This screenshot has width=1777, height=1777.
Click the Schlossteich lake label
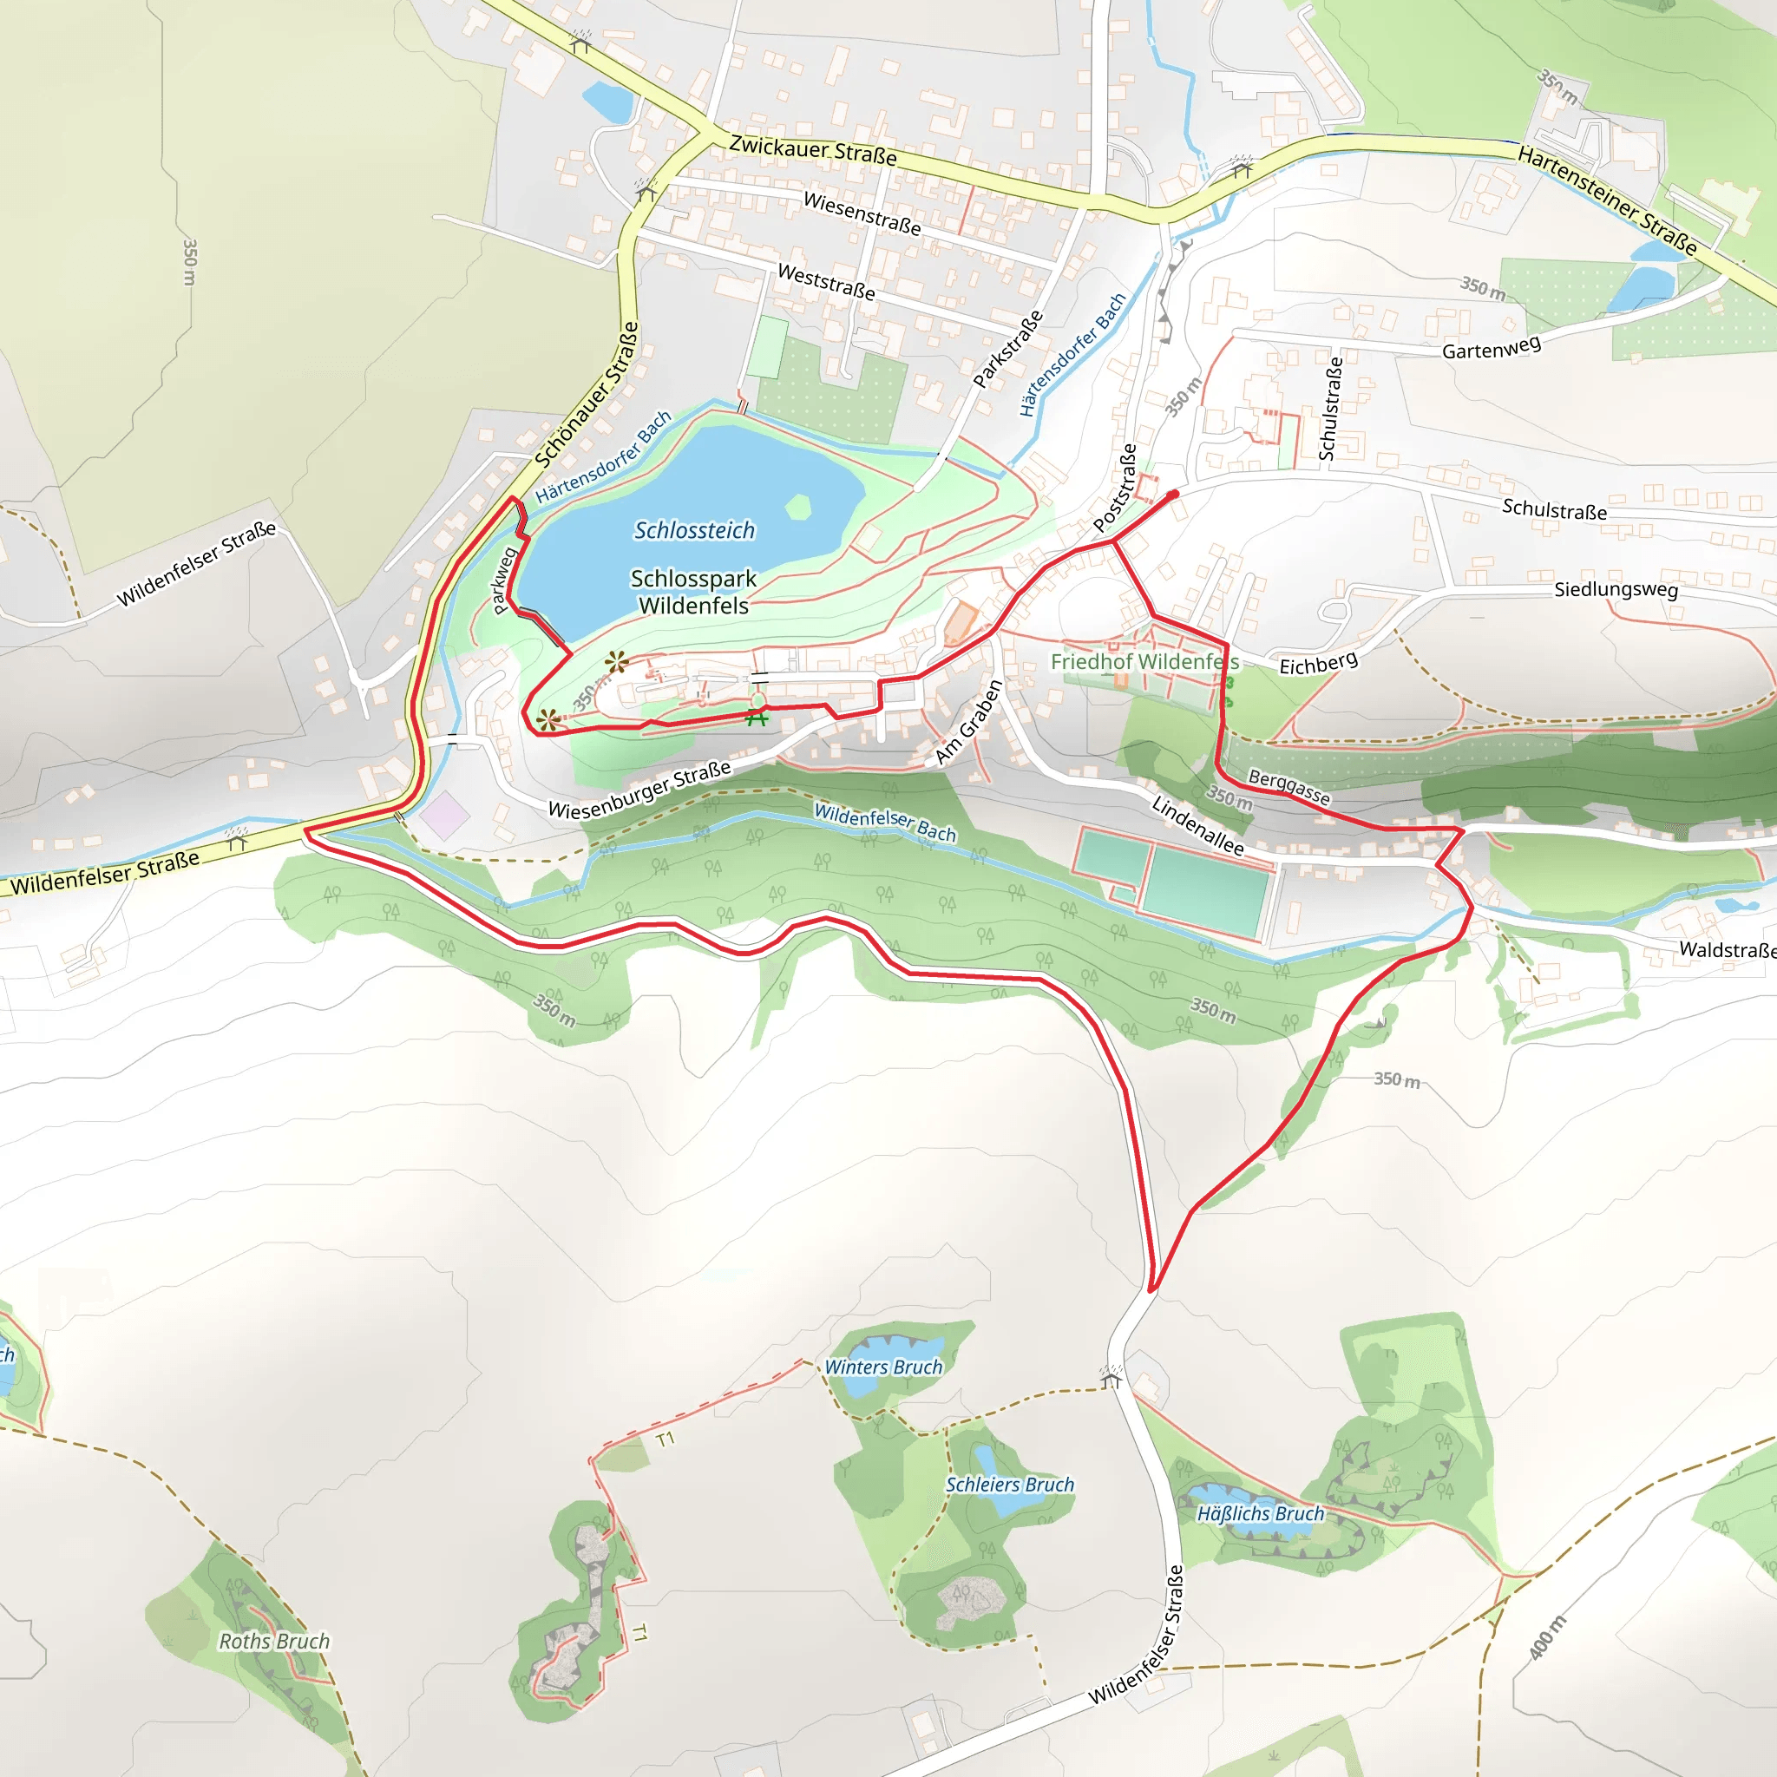694,531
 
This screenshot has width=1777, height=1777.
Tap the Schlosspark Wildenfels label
693,593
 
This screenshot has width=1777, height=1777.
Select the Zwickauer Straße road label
812,150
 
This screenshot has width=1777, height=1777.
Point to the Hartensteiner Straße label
1607,200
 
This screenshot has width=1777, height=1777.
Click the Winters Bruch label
883,1367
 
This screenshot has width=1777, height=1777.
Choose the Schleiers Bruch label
1010,1485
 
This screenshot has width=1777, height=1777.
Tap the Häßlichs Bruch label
1260,1514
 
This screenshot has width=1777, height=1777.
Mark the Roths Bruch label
274,1641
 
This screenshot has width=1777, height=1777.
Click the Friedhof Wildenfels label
1144,662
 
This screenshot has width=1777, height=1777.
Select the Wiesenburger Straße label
639,790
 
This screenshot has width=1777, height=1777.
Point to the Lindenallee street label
1197,826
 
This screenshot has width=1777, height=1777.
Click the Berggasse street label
1288,787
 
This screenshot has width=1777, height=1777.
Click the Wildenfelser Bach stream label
885,823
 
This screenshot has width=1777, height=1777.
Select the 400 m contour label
1547,1637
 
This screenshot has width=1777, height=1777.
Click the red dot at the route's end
1173,495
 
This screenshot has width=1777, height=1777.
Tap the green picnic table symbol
757,717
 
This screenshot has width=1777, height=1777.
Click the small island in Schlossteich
797,506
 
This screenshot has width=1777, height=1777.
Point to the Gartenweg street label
1491,348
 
